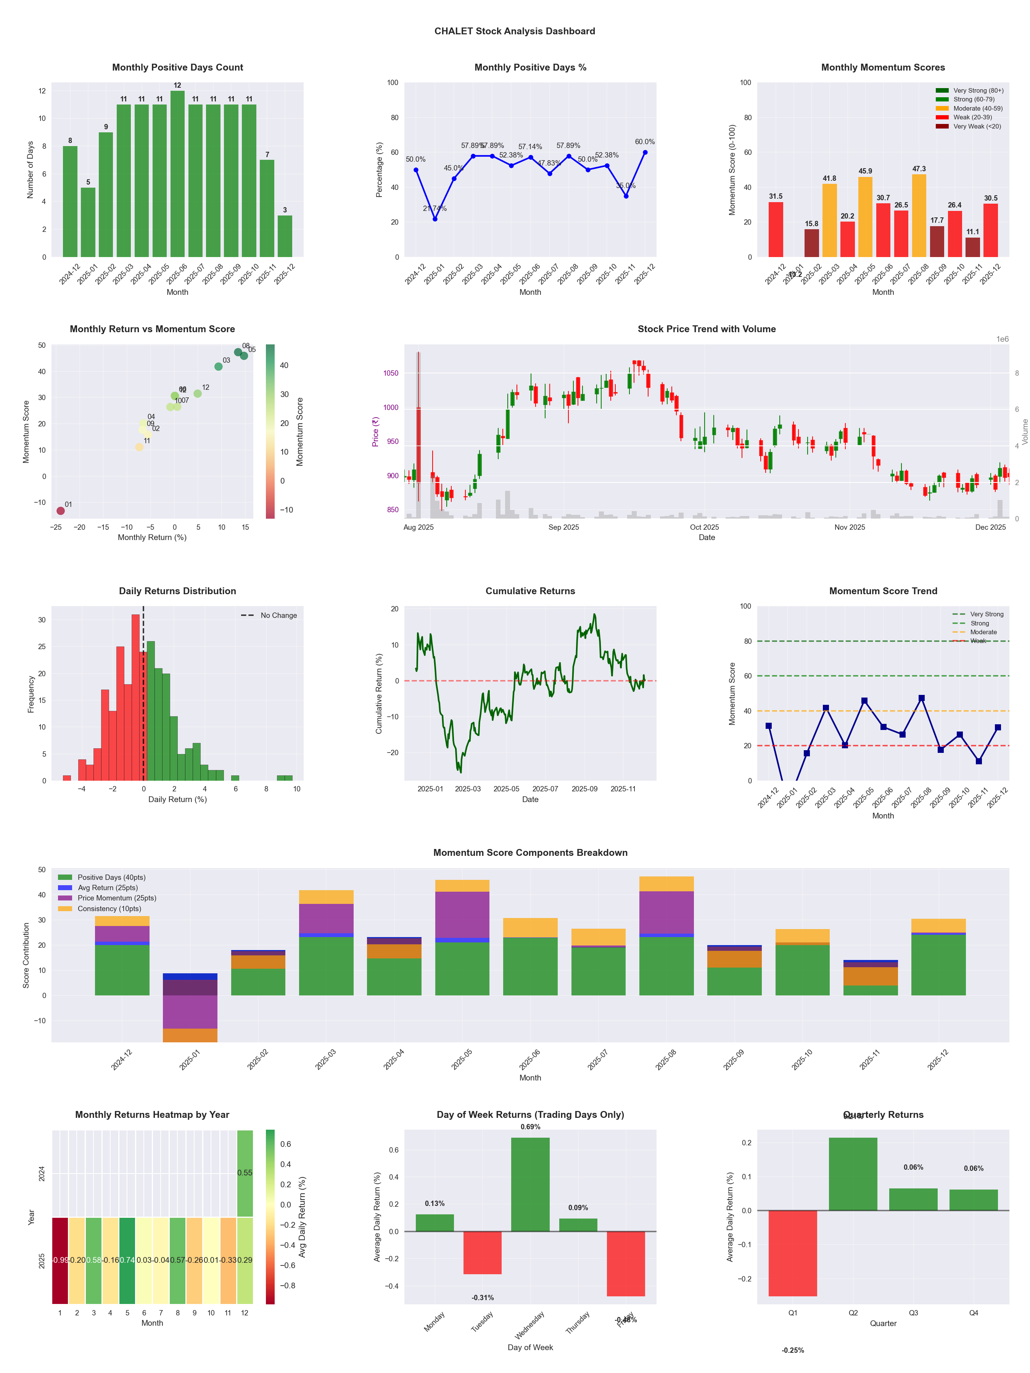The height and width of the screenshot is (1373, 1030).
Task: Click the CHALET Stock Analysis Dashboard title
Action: tap(514, 31)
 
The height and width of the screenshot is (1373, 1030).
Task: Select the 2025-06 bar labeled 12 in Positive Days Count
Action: tap(177, 174)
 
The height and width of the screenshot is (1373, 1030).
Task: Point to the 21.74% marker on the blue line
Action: tap(435, 219)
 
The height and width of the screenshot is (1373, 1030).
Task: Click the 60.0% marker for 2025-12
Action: tap(645, 152)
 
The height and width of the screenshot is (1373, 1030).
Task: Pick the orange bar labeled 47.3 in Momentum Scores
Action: tap(919, 215)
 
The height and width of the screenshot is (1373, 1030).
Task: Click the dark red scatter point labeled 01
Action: tap(60, 511)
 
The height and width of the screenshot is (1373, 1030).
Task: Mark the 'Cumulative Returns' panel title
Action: tap(530, 591)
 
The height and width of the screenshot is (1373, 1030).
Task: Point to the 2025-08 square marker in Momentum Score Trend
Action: tap(921, 698)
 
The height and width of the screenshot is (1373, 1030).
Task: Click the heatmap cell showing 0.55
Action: tap(245, 1172)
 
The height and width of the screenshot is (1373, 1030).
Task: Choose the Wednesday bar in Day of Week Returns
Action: tap(530, 1184)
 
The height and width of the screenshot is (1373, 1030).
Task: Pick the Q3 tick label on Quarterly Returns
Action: tap(913, 1313)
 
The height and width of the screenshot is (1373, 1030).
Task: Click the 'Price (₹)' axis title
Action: tap(375, 431)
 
